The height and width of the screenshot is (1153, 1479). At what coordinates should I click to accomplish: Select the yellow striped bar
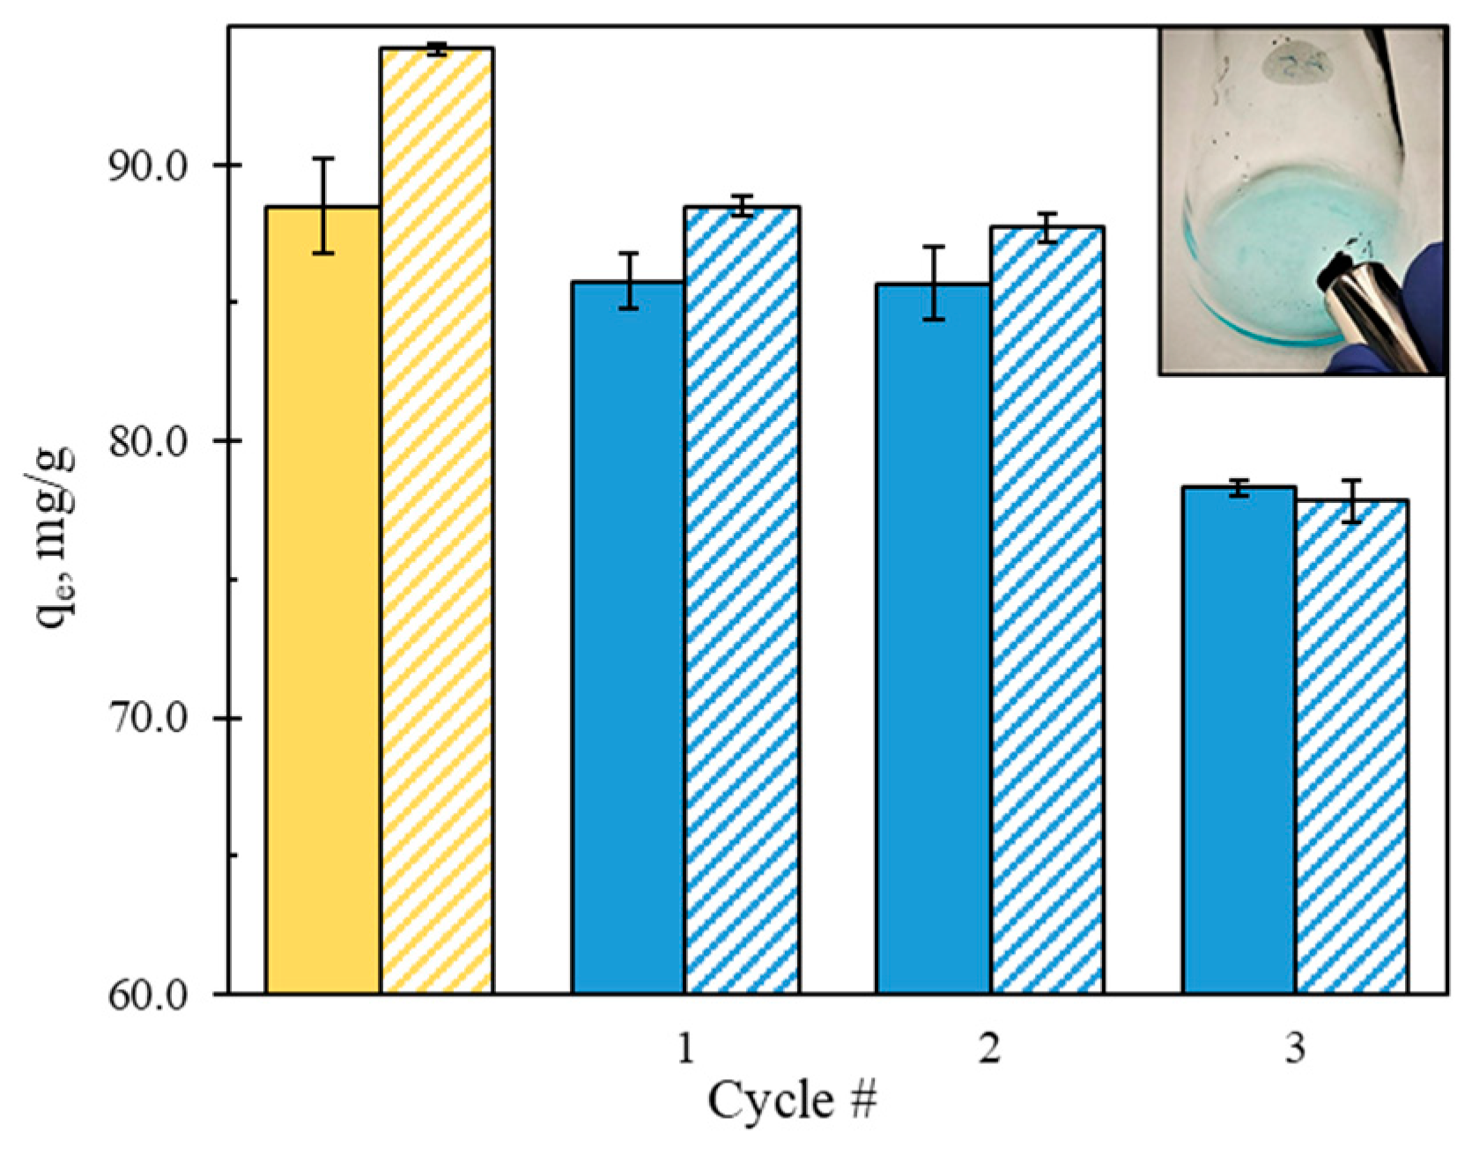click(x=437, y=528)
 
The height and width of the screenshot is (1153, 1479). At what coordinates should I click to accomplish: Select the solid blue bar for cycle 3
click(x=1239, y=740)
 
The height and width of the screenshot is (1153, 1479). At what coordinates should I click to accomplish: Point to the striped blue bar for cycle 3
click(x=1352, y=749)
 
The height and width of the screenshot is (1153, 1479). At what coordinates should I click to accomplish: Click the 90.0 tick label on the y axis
click(x=148, y=166)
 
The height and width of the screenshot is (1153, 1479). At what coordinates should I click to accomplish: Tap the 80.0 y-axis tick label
click(x=148, y=441)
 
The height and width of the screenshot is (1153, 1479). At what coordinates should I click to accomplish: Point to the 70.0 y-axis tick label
click(x=148, y=719)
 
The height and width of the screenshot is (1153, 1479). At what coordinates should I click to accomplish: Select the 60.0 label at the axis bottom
click(x=148, y=995)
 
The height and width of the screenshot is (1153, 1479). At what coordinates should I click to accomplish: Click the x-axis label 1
click(x=685, y=1048)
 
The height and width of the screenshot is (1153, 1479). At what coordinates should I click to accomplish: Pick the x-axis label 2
click(x=990, y=1048)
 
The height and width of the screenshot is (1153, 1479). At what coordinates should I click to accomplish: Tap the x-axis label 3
click(x=1295, y=1048)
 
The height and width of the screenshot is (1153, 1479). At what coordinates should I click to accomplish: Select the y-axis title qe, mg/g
click(x=55, y=537)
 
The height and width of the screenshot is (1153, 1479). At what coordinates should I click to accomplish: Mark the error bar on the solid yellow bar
click(x=324, y=206)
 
